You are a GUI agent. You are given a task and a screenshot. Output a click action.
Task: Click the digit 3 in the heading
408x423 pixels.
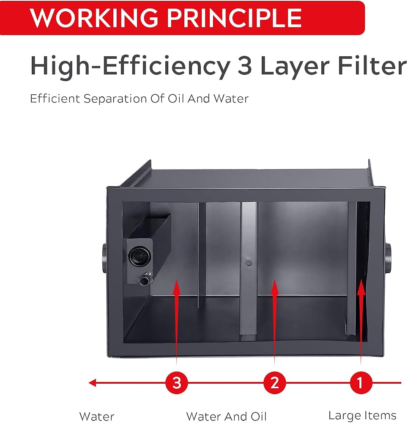pyautogui.click(x=244, y=66)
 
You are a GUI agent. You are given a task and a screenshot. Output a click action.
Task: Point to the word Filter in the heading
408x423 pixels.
pyautogui.click(x=372, y=66)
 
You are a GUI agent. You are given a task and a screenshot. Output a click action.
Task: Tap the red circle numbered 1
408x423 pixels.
pyautogui.click(x=361, y=382)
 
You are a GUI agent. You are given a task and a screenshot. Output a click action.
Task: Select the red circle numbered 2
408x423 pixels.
pyautogui.click(x=274, y=382)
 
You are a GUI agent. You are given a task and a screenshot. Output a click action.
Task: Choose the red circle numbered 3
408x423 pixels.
pyautogui.click(x=177, y=382)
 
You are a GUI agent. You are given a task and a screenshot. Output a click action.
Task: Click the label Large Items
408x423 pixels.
pyautogui.click(x=362, y=415)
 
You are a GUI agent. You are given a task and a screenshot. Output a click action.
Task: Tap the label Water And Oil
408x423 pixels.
pyautogui.click(x=226, y=416)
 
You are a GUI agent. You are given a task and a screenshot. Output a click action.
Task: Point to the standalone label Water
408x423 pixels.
pyautogui.click(x=97, y=417)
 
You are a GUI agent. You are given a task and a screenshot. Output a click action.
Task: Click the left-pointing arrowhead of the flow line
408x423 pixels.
pyautogui.click(x=92, y=382)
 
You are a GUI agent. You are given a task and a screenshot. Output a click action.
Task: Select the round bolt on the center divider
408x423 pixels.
pyautogui.click(x=249, y=263)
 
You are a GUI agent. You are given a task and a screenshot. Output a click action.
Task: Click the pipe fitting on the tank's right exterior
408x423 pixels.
pyautogui.click(x=388, y=258)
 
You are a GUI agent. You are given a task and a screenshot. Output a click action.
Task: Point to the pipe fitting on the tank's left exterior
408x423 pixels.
pyautogui.click(x=104, y=258)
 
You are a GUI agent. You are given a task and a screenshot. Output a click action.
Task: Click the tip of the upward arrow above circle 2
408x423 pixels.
pyautogui.click(x=274, y=280)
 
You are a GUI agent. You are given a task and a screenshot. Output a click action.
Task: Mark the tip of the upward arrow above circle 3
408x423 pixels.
pyautogui.click(x=177, y=280)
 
